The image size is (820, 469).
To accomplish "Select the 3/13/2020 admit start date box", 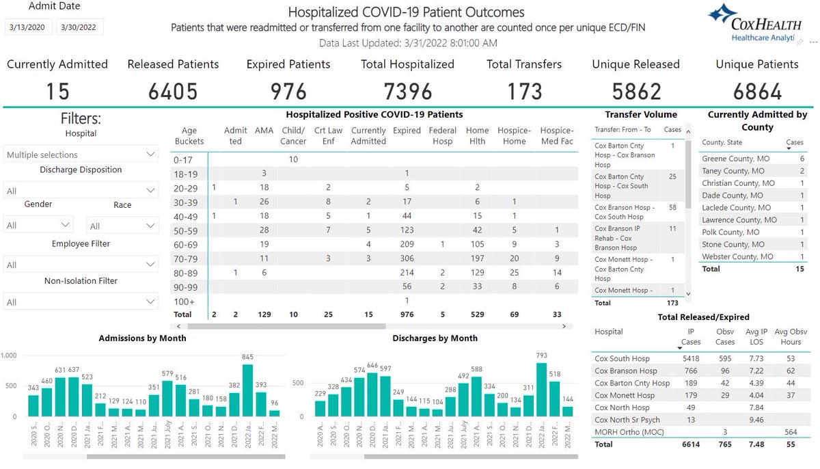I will [29, 28].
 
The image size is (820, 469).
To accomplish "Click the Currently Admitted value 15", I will [57, 91].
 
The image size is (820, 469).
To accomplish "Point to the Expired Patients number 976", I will [288, 91].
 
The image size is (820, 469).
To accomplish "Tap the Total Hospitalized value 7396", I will [407, 91].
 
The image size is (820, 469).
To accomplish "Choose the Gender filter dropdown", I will [39, 225].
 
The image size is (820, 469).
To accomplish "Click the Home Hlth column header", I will [477, 135].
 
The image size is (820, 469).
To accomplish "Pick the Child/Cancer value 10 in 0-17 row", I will [293, 159].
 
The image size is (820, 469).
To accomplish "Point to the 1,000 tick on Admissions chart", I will [9, 356].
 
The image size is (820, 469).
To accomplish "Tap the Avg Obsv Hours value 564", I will [791, 432].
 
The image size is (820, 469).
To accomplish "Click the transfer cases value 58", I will [672, 207].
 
